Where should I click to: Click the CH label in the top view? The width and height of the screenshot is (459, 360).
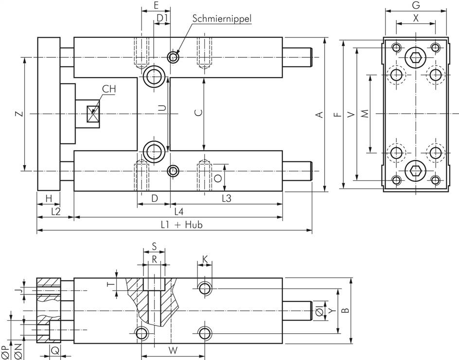coord(109,89)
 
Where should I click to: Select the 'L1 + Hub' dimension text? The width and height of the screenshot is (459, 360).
coord(182,224)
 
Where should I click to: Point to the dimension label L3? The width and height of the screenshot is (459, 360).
coord(227,198)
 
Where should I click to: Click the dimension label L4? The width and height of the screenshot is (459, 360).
coord(178,211)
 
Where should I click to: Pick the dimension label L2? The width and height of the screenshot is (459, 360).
coord(55,211)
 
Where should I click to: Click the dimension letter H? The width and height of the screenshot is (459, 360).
coord(48,198)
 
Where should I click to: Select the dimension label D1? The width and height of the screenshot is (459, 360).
coord(162,18)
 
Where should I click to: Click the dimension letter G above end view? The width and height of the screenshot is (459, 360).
coord(415,6)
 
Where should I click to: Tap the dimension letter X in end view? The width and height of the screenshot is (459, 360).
coord(415,18)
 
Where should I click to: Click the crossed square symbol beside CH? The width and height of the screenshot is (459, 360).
coord(92,114)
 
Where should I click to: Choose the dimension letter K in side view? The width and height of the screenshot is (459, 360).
coord(205,260)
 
